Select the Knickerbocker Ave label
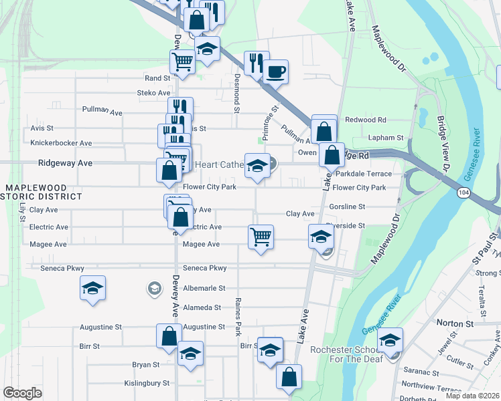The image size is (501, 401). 61,143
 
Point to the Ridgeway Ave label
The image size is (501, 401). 65,162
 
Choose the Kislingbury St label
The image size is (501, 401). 147,384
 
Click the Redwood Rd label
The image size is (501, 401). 365,120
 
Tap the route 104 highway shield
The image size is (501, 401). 463,192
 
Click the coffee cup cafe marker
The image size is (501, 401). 275,71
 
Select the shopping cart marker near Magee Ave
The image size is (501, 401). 260,236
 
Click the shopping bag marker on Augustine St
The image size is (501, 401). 169,336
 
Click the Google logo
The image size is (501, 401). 22,393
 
